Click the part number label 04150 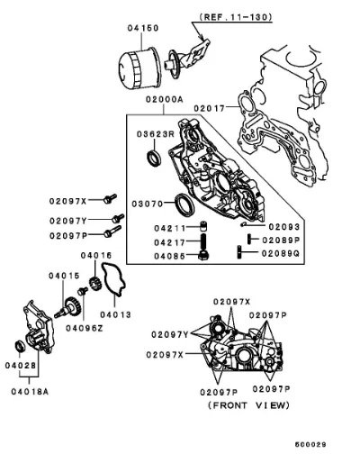[143, 28]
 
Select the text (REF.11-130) [236, 17]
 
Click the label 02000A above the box [164, 99]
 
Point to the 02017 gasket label [209, 108]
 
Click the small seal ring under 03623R [154, 159]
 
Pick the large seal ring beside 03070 [184, 204]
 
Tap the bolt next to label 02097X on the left [110, 198]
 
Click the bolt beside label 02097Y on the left [118, 218]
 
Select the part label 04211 [170, 229]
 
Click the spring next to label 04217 [204, 241]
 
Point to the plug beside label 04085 [204, 256]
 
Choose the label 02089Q [281, 254]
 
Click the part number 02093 [283, 227]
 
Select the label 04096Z [85, 329]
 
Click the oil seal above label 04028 [21, 347]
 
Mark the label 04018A [30, 392]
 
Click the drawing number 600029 [310, 445]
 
